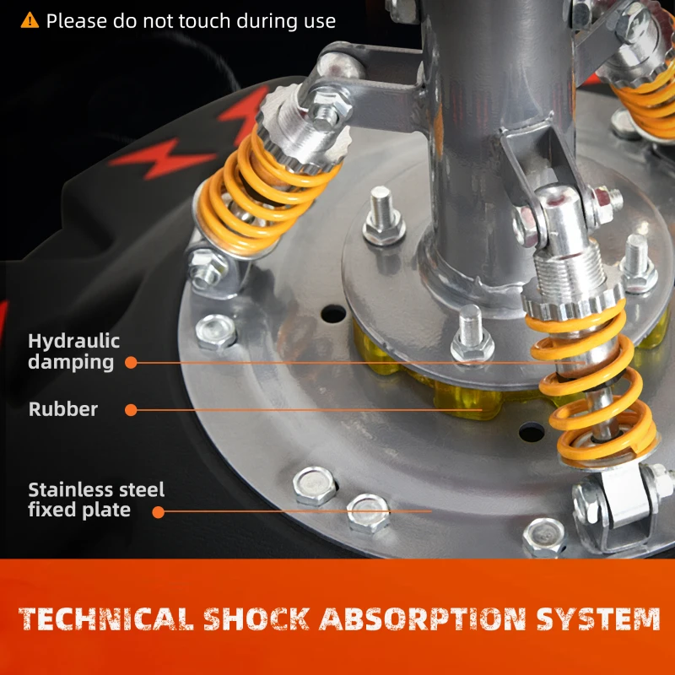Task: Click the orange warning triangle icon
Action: coord(30,20)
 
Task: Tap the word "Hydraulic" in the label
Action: coord(73,342)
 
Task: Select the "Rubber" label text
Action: coord(62,409)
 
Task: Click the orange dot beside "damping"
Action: coord(131,363)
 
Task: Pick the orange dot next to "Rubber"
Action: coord(131,410)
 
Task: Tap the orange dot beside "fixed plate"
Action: coord(159,512)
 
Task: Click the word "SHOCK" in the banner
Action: coord(256,618)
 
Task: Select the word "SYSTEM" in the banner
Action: coord(598,618)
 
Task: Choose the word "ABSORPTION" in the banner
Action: coord(423,618)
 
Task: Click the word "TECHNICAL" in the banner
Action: coord(106,618)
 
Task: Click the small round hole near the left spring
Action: coord(333,314)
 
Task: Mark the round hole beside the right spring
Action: coord(532,432)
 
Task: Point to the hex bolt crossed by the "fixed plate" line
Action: coord(368,513)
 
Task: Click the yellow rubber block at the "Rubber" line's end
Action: coord(468,400)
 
